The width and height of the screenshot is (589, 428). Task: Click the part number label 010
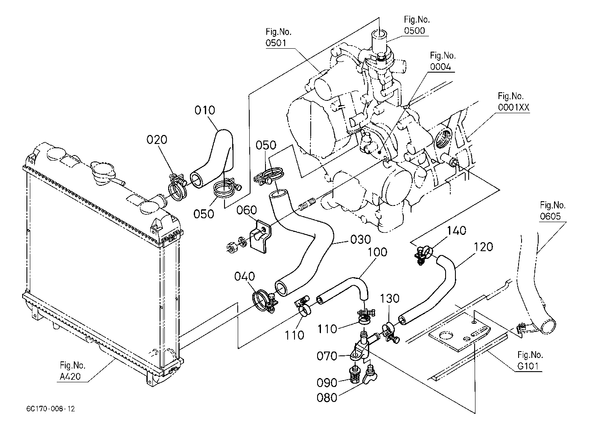pos(204,110)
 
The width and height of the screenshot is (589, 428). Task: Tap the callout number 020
pos(157,140)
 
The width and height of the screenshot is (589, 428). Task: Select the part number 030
pos(361,240)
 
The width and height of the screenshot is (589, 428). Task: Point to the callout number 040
pos(245,276)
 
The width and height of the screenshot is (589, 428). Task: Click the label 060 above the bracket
pos(246,210)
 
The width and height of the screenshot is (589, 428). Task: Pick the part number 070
pos(327,356)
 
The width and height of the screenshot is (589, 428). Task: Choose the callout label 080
pos(327,398)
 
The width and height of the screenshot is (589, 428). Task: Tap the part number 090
pos(327,383)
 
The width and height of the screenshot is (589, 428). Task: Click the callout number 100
pos(377,252)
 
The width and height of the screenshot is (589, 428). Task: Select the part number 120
pos(483,247)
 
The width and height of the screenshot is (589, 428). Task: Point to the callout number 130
pos(390,299)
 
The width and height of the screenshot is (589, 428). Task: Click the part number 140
pos(457,231)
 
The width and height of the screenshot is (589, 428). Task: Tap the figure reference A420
pos(70,377)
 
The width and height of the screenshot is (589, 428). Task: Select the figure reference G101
pos(528,366)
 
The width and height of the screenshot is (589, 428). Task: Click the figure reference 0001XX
pos(513,107)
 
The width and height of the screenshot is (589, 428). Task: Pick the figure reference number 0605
pos(550,217)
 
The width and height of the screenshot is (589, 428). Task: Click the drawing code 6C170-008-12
pos(50,409)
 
